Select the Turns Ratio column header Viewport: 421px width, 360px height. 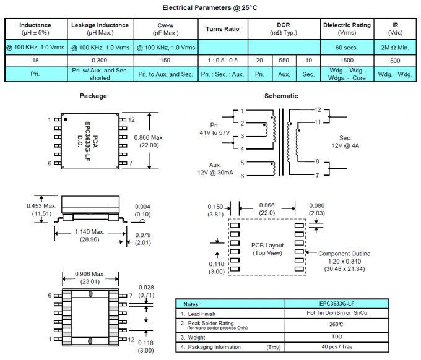[x=223, y=28]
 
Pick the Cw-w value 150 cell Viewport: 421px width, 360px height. [x=165, y=61]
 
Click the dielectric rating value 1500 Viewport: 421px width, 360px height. [x=347, y=61]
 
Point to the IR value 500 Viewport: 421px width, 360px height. [x=395, y=61]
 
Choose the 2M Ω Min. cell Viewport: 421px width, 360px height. [x=395, y=47]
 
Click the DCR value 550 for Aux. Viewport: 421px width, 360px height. [x=284, y=61]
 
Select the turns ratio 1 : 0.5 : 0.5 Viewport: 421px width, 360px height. [x=223, y=61]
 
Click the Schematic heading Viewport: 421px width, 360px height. [x=281, y=96]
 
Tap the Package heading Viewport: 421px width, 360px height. [x=93, y=96]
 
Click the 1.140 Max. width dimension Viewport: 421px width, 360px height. [x=90, y=233]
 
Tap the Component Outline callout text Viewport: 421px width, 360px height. [x=344, y=254]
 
